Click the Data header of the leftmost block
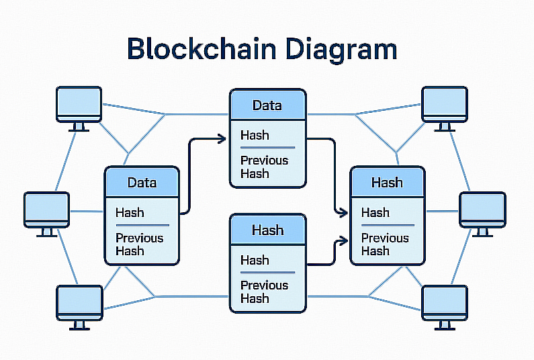[x=142, y=183]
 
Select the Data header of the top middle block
[x=267, y=105]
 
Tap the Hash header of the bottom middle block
[x=267, y=230]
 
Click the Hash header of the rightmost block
[x=387, y=183]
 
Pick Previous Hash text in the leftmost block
[x=139, y=244]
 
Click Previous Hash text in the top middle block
[x=264, y=167]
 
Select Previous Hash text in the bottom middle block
[x=264, y=291]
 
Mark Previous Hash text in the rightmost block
[x=385, y=244]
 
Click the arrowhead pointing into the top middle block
[x=221, y=139]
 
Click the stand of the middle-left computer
[x=46, y=232]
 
